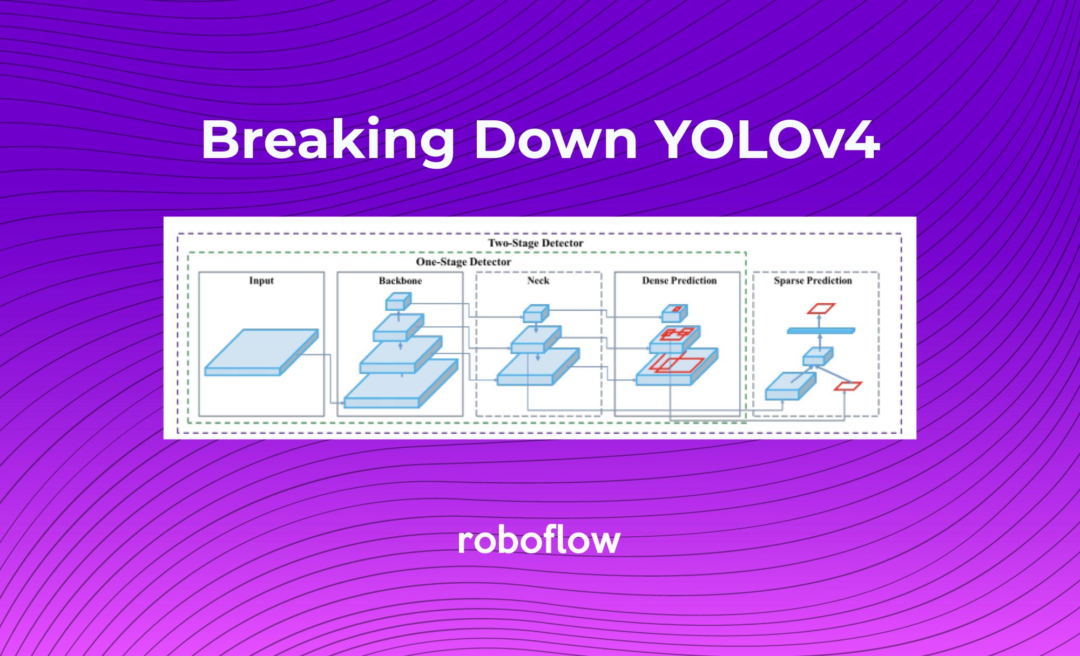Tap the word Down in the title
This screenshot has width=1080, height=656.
[x=556, y=139]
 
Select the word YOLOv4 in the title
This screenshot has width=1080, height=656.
[x=769, y=139]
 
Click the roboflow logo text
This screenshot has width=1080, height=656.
[x=539, y=540]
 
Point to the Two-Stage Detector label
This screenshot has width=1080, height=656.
[x=536, y=243]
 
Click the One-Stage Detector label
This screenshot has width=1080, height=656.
[x=463, y=262]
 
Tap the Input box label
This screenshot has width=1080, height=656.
[x=261, y=281]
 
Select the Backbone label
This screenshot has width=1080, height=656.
[x=400, y=281]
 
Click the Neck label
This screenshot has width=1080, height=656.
[x=538, y=281]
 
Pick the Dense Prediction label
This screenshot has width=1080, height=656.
[x=679, y=281]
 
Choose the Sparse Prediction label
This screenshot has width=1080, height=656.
[x=813, y=281]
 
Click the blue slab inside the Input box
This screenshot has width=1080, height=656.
[x=261, y=352]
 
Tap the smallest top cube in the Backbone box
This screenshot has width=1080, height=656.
[x=399, y=302]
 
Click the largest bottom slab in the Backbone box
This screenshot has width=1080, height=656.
[x=401, y=384]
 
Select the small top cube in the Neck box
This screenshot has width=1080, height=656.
[x=536, y=313]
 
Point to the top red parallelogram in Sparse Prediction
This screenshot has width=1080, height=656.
[x=821, y=309]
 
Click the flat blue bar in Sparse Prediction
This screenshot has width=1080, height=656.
[x=821, y=331]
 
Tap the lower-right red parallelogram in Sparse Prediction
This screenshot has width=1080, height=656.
[x=848, y=386]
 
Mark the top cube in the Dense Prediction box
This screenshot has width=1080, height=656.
[x=675, y=313]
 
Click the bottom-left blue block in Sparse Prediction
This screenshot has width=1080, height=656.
[x=791, y=386]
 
